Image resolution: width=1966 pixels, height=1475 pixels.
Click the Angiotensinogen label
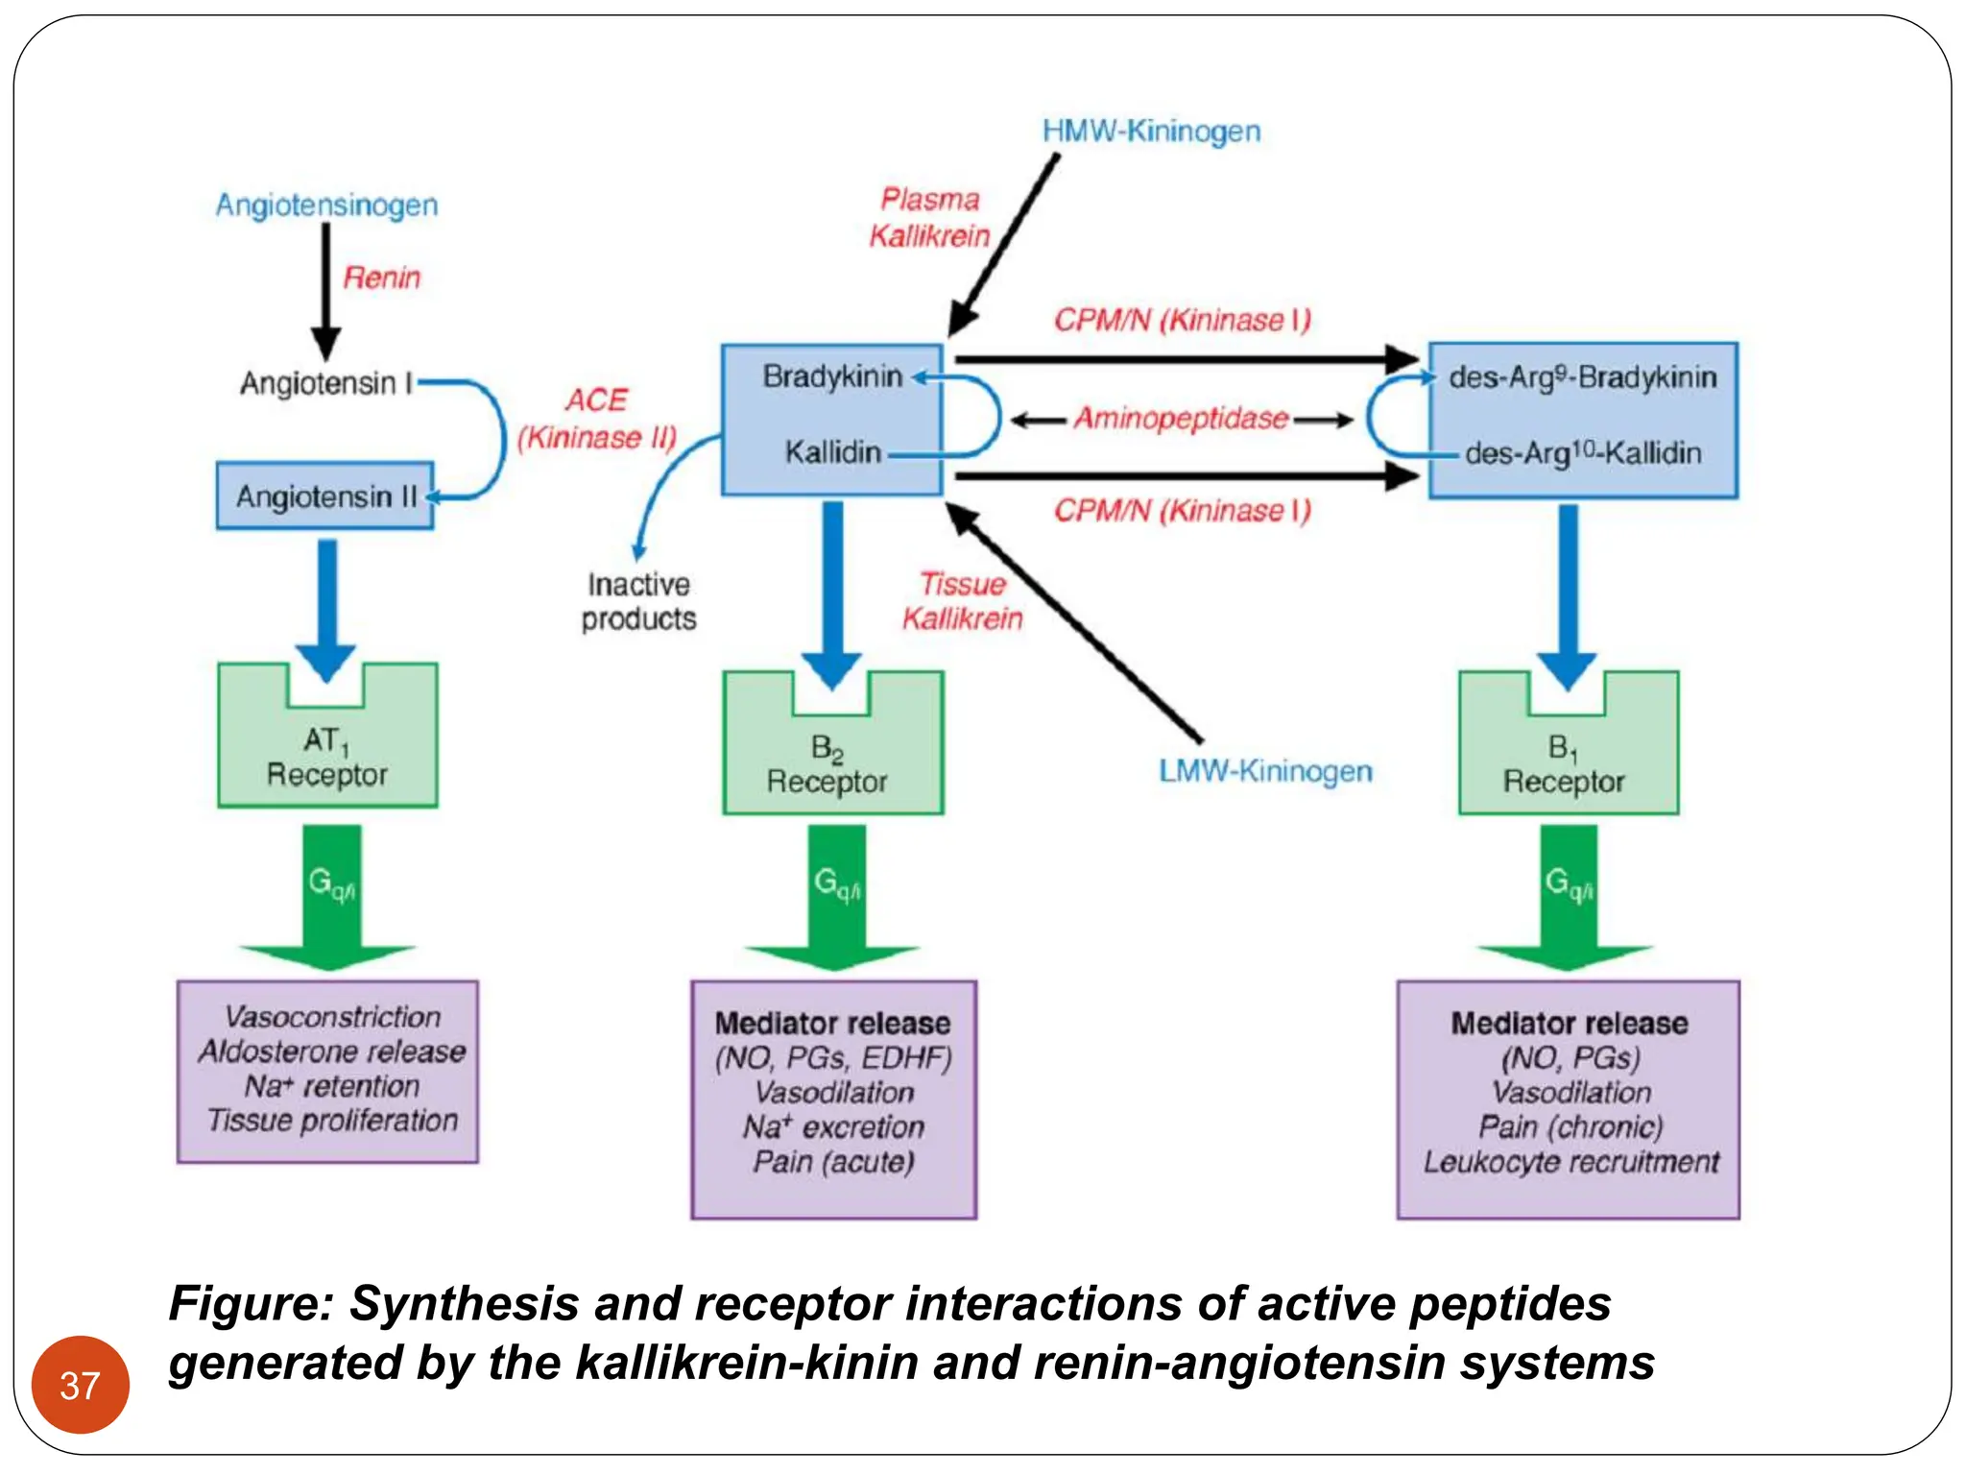click(326, 206)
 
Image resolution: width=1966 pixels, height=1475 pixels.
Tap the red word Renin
click(381, 278)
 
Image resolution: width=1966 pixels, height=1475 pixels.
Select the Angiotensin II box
click(324, 496)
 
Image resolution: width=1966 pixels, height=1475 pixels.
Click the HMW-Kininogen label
click(1151, 132)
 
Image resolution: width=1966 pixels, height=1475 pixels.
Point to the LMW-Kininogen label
click(1264, 771)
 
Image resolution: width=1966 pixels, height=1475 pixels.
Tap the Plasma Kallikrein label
click(929, 218)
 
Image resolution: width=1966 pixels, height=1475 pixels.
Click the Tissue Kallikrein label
click(962, 602)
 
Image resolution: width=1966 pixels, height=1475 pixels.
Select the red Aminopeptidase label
click(1181, 419)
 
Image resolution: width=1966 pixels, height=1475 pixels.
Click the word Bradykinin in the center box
click(831, 376)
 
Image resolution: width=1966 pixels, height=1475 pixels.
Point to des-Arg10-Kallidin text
click(1582, 452)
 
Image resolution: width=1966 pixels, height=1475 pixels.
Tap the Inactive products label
click(638, 602)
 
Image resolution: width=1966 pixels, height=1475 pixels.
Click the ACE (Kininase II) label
click(596, 419)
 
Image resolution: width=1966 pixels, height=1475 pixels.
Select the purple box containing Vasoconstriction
click(327, 1072)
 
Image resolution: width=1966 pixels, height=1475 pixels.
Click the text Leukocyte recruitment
click(1570, 1163)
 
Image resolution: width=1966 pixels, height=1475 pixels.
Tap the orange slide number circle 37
click(80, 1385)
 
